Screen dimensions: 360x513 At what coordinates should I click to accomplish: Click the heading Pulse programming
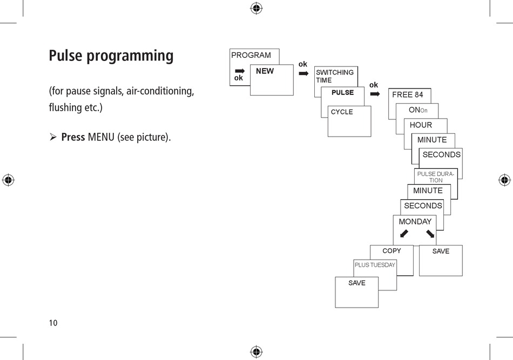click(x=111, y=56)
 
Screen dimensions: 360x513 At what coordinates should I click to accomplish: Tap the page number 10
click(x=53, y=323)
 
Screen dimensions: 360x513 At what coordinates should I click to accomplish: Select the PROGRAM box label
click(x=251, y=55)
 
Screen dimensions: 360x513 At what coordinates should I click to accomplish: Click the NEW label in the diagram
click(x=265, y=71)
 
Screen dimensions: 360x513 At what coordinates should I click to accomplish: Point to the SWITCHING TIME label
click(x=335, y=76)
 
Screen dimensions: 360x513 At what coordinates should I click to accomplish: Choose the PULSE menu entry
click(x=342, y=92)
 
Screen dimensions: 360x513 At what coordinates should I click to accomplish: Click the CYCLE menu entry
click(x=342, y=112)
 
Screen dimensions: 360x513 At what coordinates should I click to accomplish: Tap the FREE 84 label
click(x=408, y=94)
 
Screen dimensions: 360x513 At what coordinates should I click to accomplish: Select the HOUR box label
click(x=421, y=125)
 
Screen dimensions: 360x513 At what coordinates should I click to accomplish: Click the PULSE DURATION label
click(x=436, y=177)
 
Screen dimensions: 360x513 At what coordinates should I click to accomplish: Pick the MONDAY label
click(x=415, y=222)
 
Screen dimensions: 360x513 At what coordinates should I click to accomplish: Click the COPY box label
click(x=391, y=251)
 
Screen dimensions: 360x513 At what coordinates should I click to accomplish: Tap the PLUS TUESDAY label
click(x=375, y=265)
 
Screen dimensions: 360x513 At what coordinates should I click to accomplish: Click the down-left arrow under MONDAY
click(x=404, y=234)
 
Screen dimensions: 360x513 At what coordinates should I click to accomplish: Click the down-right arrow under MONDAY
click(x=430, y=234)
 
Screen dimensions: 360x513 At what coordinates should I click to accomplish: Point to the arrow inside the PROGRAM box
click(x=240, y=70)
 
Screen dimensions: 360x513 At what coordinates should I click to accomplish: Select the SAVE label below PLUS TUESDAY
click(x=356, y=283)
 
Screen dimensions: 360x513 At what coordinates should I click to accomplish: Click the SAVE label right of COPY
click(x=441, y=251)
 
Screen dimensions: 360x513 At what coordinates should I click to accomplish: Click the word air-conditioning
click(x=159, y=91)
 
